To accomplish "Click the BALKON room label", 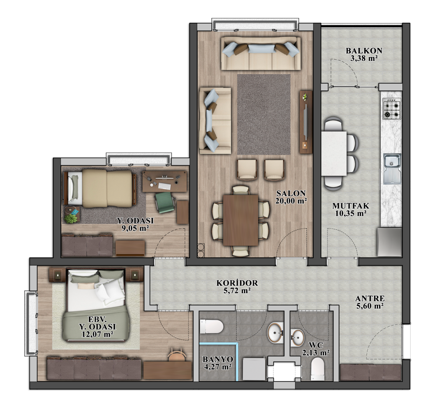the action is pyautogui.click(x=364, y=51).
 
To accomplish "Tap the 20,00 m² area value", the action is pyautogui.click(x=291, y=201).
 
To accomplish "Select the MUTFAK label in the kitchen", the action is pyautogui.click(x=350, y=206).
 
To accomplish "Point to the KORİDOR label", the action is pyautogui.click(x=237, y=283).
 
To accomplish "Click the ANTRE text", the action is pyautogui.click(x=370, y=299).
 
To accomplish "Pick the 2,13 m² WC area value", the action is pyautogui.click(x=316, y=353).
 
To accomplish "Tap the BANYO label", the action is pyautogui.click(x=218, y=359).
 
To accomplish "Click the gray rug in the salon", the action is pyautogui.click(x=264, y=114).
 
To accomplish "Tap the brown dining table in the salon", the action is pyautogui.click(x=241, y=220).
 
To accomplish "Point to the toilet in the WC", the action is pyautogui.click(x=318, y=369).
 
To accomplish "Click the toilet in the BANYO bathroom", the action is pyautogui.click(x=211, y=326).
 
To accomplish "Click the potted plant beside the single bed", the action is pyautogui.click(x=71, y=218).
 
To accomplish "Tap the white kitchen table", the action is pyautogui.click(x=334, y=154).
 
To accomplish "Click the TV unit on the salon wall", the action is pyautogui.click(x=306, y=122).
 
